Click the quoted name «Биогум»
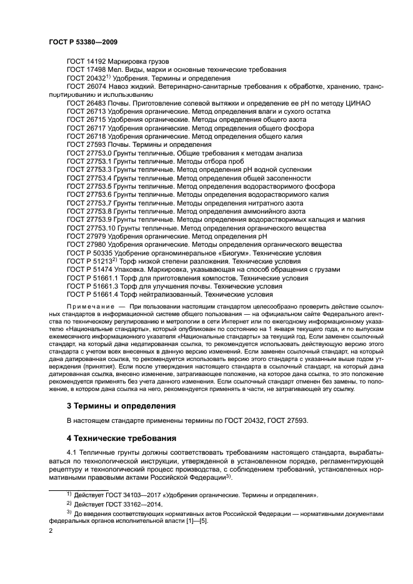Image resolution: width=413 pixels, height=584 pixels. tap(231, 254)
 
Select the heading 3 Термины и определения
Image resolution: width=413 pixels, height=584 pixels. tap(121, 405)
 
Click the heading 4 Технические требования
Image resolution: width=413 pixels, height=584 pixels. tap(121, 438)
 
